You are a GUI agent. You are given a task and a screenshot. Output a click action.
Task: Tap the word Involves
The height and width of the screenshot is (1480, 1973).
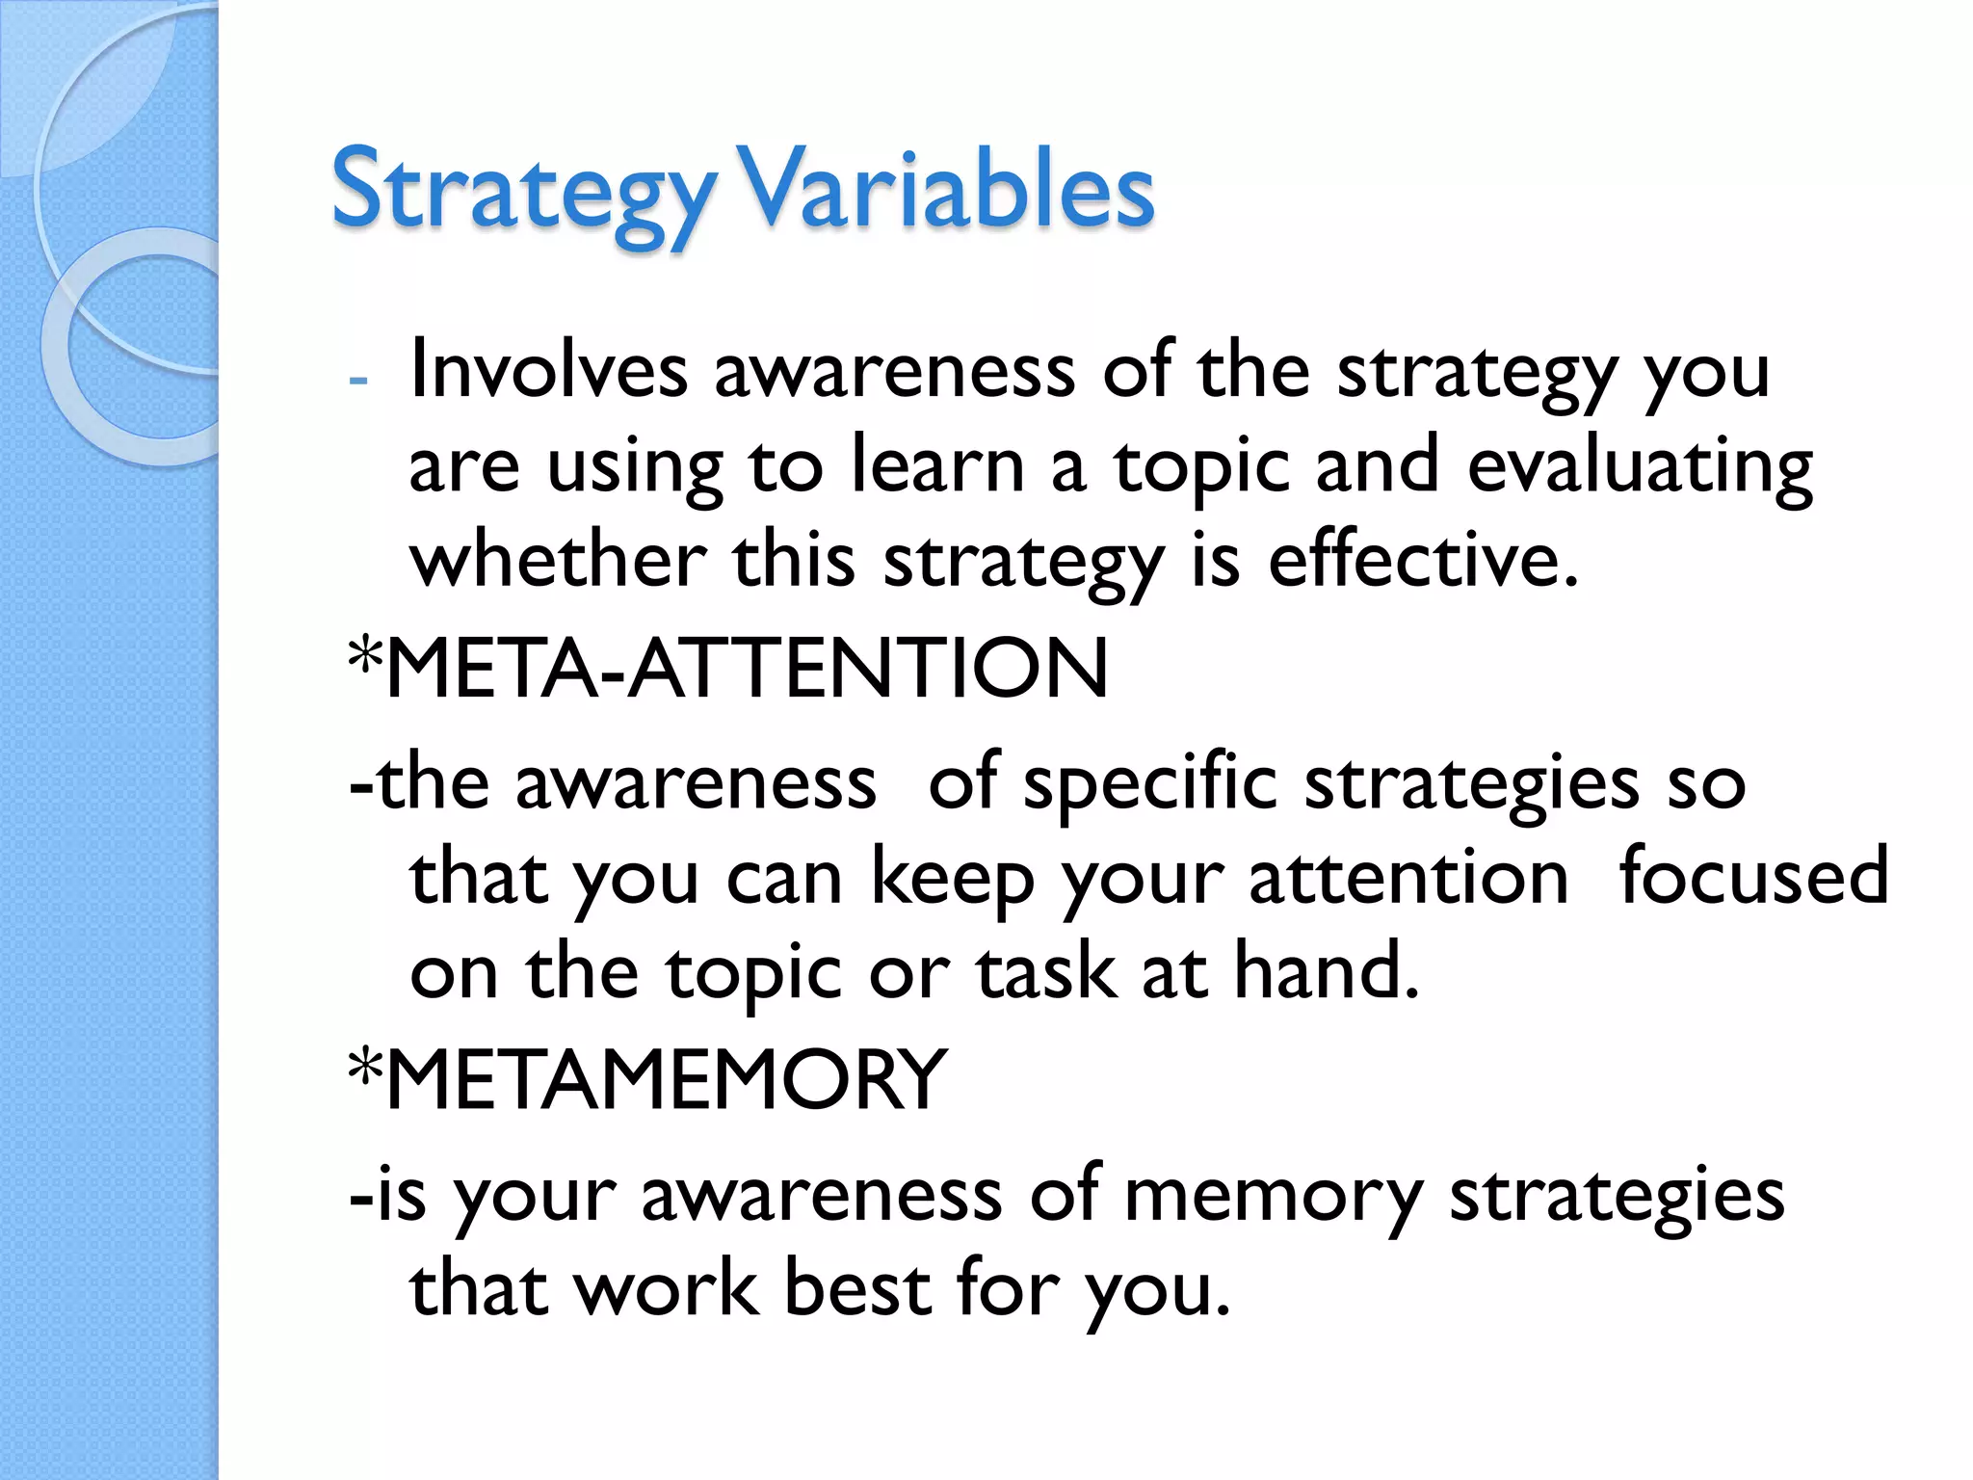coord(548,370)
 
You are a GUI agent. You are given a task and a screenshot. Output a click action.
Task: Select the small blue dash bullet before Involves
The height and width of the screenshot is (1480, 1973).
coord(358,380)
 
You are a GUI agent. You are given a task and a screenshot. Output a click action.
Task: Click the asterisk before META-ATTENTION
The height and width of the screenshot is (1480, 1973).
coord(365,658)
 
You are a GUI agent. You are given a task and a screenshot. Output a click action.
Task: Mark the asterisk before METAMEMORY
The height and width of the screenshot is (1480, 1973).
coord(365,1070)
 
